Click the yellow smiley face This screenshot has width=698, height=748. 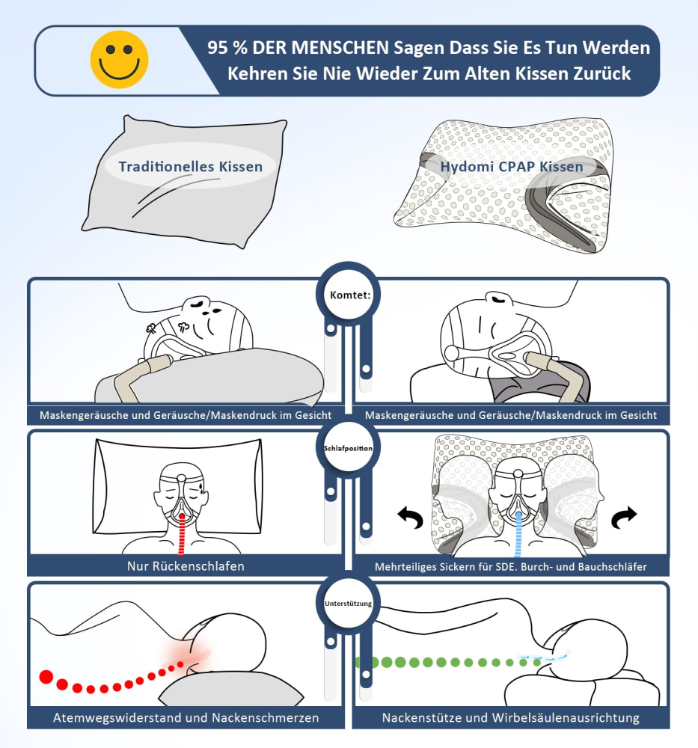[119, 59]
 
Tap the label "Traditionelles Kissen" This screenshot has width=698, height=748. [191, 166]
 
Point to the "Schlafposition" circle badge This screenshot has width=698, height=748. [349, 448]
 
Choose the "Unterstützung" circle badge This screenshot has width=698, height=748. [349, 602]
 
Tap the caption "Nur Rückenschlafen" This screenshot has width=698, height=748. [186, 566]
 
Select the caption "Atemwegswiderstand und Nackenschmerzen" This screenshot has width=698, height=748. [186, 718]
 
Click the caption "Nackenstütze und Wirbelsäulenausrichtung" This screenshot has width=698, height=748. [511, 718]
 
